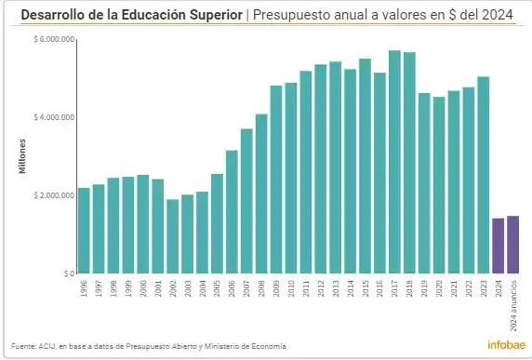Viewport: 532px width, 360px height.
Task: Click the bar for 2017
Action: pyautogui.click(x=394, y=163)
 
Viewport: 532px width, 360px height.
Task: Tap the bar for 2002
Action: pyautogui.click(x=173, y=236)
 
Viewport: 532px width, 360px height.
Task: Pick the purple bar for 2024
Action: pyautogui.click(x=498, y=246)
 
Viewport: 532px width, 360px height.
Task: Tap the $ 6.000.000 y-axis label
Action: pyautogui.click(x=53, y=39)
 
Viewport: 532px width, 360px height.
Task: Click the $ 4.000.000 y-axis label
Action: pyautogui.click(x=53, y=117)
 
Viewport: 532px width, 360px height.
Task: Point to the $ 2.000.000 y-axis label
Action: pyautogui.click(x=53, y=195)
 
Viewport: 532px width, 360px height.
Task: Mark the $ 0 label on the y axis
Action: pyautogui.click(x=67, y=273)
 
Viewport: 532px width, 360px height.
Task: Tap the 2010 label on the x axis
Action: pyautogui.click(x=291, y=289)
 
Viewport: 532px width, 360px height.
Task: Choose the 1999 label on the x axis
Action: pyautogui.click(x=128, y=289)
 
